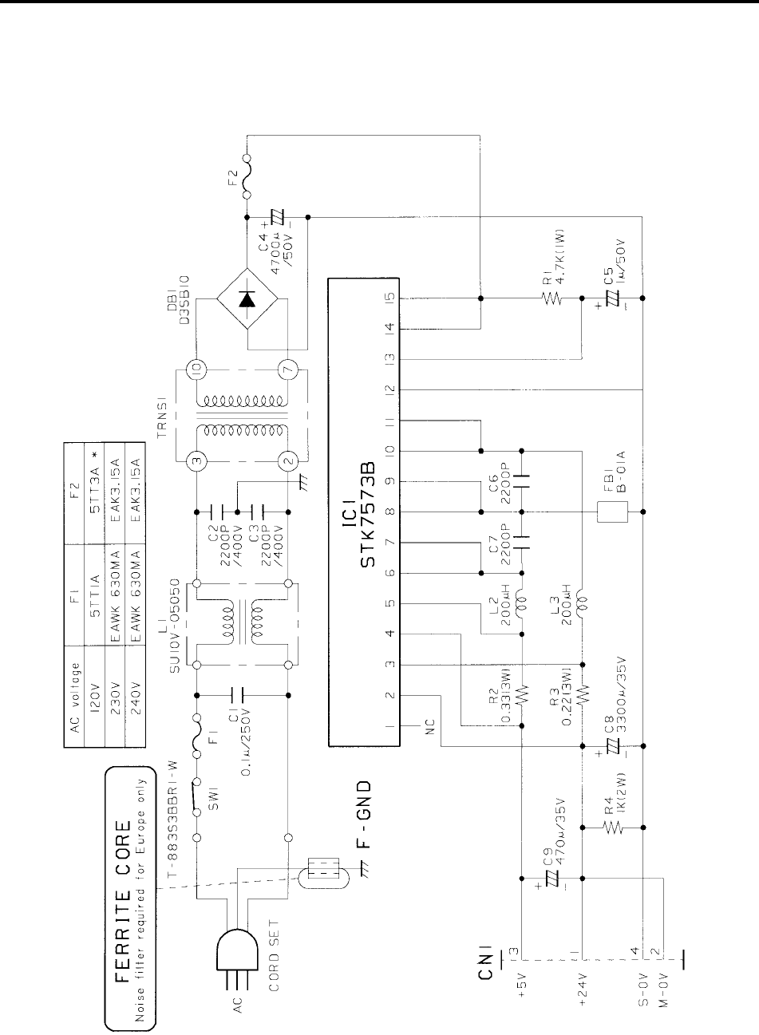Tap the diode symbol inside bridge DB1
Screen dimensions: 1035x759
coord(247,300)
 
